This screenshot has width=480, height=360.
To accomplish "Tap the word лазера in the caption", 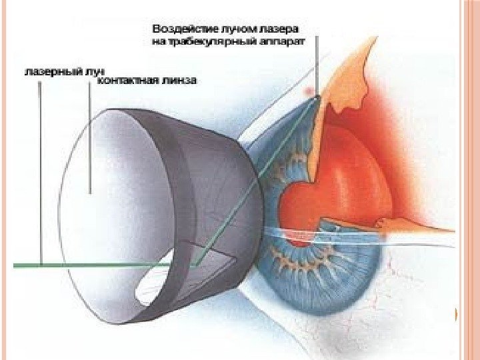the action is coord(282,29).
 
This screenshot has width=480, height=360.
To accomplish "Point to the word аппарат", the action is coord(283,41).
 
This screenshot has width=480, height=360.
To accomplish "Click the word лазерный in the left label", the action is coord(47,69).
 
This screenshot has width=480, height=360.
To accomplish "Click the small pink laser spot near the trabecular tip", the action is coord(307,89).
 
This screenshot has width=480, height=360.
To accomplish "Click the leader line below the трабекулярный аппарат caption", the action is coord(317,67).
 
